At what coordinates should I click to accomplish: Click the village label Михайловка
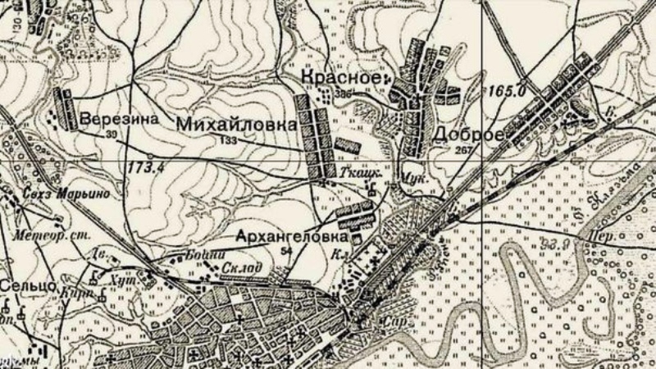coord(233,125)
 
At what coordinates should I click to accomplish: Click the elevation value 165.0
coord(506,93)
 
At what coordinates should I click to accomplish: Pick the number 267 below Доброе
coord(464,150)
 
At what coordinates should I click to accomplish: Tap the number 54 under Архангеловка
coord(285,250)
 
